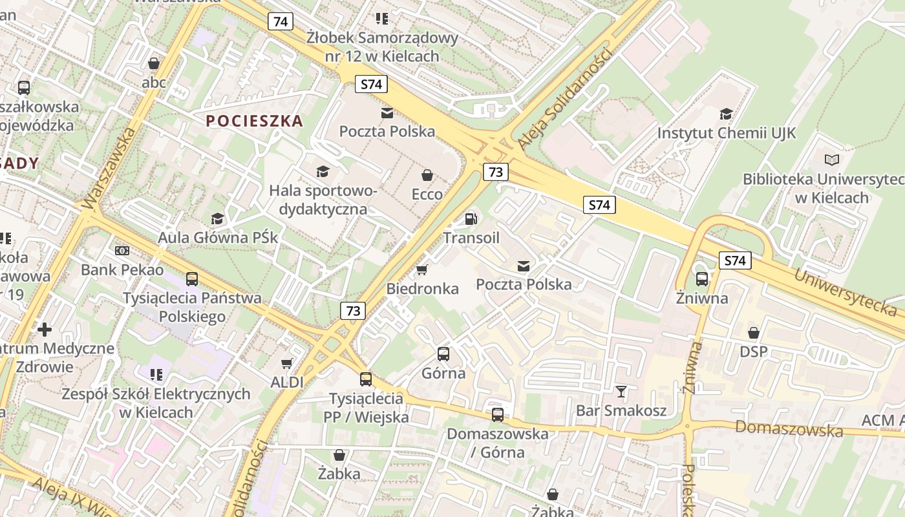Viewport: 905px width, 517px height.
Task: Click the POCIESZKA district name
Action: (x=255, y=121)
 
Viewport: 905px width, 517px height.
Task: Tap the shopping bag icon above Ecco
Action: (x=427, y=175)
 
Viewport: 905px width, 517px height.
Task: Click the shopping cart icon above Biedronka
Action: (x=422, y=269)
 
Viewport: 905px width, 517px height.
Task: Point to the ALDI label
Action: (x=287, y=382)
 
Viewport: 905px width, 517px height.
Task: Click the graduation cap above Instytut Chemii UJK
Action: (x=727, y=114)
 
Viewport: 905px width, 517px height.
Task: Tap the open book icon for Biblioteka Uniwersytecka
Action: (x=833, y=160)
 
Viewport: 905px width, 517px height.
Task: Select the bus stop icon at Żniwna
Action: (x=702, y=279)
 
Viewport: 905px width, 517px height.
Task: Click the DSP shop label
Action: (x=754, y=352)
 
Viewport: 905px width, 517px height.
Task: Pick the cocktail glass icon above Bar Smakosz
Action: (x=621, y=391)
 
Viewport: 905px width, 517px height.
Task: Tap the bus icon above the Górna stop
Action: (x=443, y=353)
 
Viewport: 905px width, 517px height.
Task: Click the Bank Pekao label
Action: (x=122, y=269)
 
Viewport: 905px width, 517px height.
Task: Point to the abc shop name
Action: (x=154, y=82)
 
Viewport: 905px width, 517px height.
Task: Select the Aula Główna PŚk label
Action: (x=218, y=238)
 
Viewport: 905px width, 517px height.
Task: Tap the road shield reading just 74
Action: (x=281, y=21)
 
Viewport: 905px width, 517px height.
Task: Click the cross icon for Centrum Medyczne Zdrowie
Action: (x=45, y=330)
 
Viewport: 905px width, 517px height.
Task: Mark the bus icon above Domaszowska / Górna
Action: (x=497, y=414)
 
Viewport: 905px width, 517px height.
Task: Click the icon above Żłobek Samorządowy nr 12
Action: (x=382, y=19)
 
